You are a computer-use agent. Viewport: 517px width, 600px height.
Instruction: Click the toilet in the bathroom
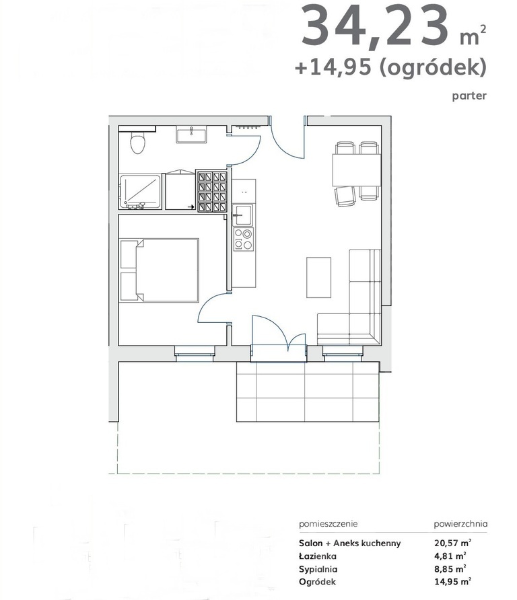point(138,143)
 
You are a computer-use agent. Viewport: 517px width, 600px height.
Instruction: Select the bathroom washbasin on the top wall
point(192,135)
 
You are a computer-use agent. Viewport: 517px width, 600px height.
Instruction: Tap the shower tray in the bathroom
point(140,192)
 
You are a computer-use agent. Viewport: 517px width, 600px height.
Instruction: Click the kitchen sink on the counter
point(243,216)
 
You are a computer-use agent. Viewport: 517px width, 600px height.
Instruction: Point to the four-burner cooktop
point(244,239)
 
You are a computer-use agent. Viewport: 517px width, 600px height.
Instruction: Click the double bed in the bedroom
point(165,269)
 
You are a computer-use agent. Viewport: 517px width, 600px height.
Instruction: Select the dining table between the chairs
point(356,170)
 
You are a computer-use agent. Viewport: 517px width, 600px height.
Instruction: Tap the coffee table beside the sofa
point(319,277)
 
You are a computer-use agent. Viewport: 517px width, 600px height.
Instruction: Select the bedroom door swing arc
point(214,309)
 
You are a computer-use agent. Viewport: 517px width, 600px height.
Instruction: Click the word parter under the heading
point(469,96)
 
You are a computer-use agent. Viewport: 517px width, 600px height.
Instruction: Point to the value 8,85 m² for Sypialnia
point(452,569)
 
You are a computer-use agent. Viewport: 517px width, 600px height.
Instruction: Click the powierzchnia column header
point(460,523)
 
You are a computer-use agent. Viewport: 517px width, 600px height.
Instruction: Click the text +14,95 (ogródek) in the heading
point(390,67)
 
